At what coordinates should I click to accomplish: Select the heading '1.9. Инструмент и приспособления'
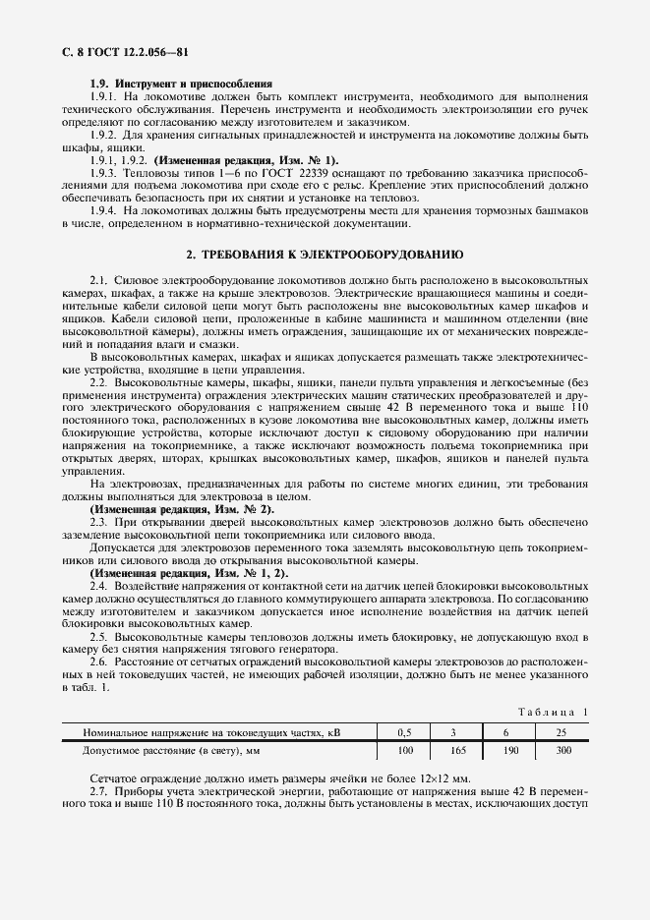[181, 85]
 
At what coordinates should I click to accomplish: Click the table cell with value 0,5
[405, 732]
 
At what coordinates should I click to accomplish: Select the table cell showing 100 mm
[405, 750]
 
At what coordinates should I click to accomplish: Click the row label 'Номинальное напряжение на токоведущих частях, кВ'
[215, 732]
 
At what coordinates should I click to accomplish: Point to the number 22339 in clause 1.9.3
[248, 172]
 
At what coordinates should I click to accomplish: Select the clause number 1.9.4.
[102, 210]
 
